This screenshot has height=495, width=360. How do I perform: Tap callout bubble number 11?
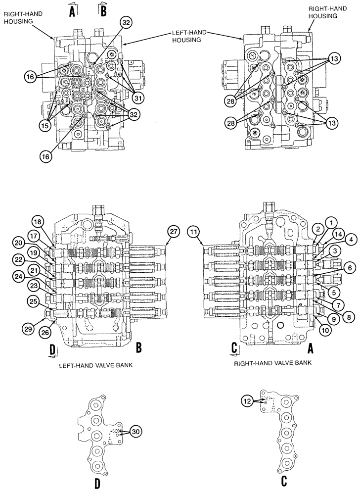pyautogui.click(x=193, y=231)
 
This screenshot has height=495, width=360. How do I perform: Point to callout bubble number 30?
pyautogui.click(x=135, y=432)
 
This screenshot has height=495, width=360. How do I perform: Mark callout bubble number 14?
pyautogui.click(x=338, y=233)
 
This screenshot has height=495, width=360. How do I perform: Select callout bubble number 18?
pyautogui.click(x=39, y=222)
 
